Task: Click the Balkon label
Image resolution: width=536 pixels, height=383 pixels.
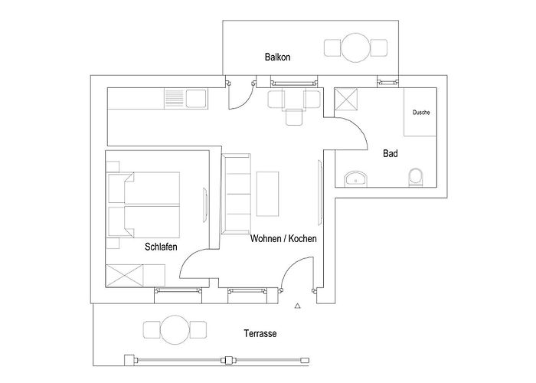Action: (277, 57)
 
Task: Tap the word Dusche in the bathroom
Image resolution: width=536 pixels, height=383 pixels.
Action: (421, 112)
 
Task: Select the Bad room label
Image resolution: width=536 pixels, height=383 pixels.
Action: (391, 153)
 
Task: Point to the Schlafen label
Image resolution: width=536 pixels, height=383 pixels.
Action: (161, 247)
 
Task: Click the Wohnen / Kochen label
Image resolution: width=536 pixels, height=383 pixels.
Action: (283, 238)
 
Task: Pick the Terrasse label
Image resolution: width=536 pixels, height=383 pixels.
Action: (260, 333)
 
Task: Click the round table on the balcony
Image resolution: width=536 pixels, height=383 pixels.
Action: (355, 47)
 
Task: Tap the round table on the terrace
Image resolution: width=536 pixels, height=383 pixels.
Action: (175, 329)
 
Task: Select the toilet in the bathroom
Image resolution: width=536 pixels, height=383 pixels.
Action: (416, 177)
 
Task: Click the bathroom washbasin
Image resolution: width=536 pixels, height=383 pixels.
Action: (355, 179)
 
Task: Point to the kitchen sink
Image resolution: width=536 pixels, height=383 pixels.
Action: (196, 99)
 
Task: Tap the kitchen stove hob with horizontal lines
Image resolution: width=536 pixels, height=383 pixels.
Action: (175, 99)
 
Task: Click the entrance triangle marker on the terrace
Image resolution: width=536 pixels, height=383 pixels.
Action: (297, 306)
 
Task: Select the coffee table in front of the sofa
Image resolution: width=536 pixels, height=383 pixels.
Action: (268, 194)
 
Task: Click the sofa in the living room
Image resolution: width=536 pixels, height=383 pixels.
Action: (236, 194)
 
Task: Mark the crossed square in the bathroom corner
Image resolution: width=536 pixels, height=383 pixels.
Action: (345, 99)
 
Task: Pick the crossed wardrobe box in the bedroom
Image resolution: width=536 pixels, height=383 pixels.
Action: (124, 275)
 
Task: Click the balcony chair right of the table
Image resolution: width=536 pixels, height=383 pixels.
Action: (379, 47)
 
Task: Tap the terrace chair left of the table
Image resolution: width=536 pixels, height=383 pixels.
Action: (152, 329)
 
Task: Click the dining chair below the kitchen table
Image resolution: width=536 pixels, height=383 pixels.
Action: (294, 117)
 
